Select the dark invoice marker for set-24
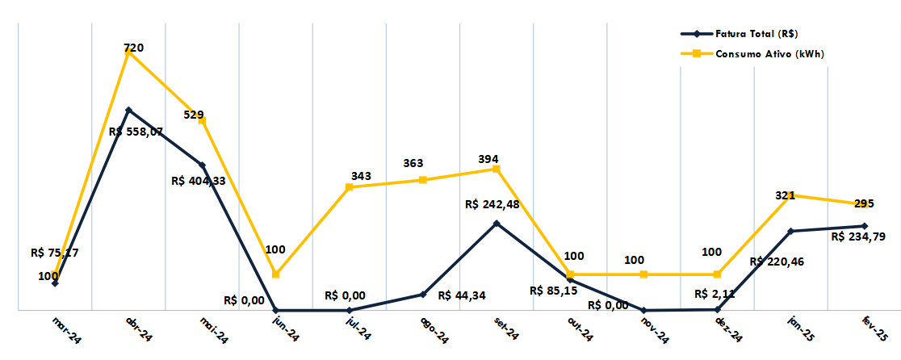(x=497, y=223)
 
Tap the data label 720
(x=134, y=48)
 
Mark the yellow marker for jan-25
(x=790, y=195)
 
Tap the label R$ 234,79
(x=859, y=237)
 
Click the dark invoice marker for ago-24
(x=423, y=295)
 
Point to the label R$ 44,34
(x=462, y=295)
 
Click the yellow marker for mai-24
(x=203, y=120)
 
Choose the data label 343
(x=361, y=176)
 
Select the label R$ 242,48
(x=492, y=203)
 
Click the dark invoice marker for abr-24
(x=128, y=110)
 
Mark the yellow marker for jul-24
(x=350, y=187)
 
